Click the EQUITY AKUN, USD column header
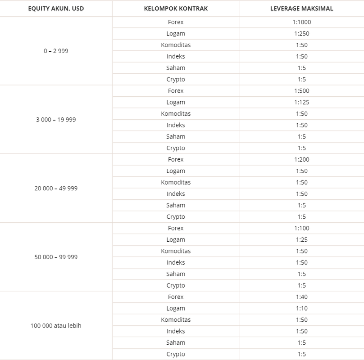point(56,9)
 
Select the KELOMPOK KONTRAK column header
point(176,9)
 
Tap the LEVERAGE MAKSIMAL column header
point(301,9)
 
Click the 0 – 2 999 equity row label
point(56,51)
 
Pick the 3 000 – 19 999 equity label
point(56,120)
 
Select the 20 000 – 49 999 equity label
point(56,188)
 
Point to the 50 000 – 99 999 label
point(56,257)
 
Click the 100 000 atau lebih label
point(56,325)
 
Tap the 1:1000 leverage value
point(302,22)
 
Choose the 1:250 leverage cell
point(302,33)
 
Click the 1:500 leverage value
point(302,91)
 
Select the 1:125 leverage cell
point(302,102)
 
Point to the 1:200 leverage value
point(302,159)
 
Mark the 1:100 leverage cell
point(302,228)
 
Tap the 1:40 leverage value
point(302,297)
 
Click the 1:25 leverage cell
point(302,240)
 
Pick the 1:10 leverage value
point(302,308)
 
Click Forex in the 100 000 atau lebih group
point(176,297)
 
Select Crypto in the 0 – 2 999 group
point(176,79)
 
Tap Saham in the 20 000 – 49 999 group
point(176,205)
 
